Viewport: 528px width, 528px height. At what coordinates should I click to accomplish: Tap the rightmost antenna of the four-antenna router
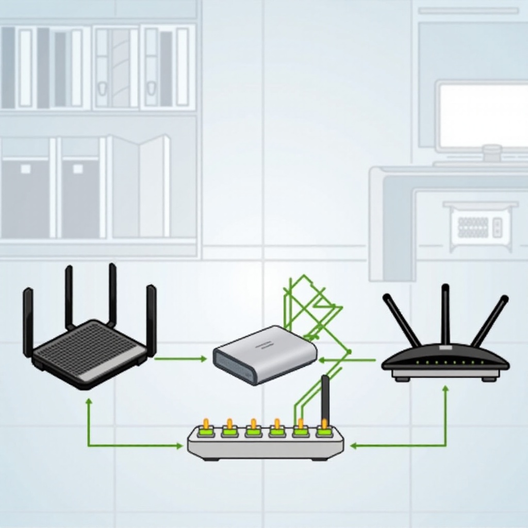click(151, 320)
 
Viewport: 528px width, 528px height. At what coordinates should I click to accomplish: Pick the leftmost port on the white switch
click(206, 430)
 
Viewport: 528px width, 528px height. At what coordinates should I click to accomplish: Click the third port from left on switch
click(253, 430)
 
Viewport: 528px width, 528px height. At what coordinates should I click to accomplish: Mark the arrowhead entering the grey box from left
click(204, 359)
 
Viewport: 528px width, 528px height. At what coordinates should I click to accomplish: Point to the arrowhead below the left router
click(89, 401)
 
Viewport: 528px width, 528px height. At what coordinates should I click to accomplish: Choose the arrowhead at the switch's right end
click(353, 445)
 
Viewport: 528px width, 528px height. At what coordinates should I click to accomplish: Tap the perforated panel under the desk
click(473, 227)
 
